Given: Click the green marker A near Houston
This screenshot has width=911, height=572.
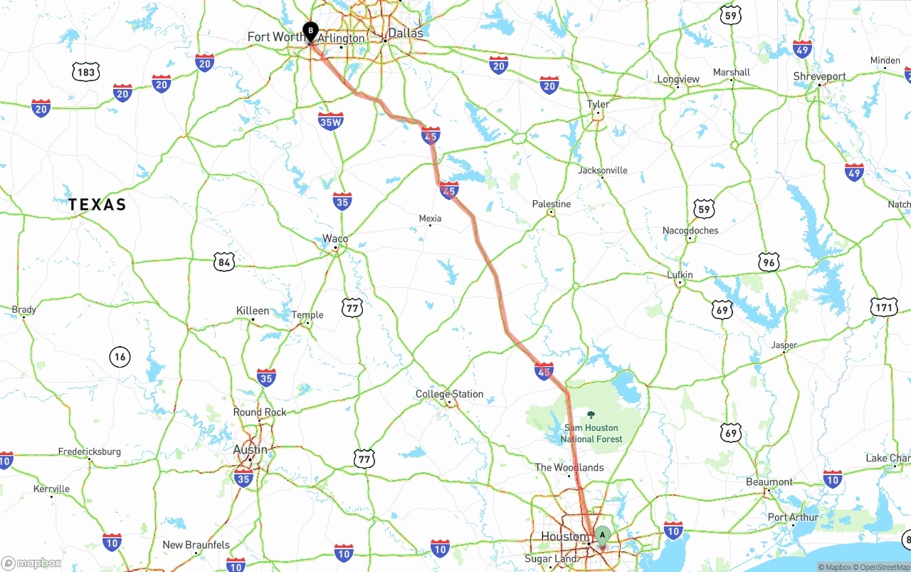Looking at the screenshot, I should pos(602,534).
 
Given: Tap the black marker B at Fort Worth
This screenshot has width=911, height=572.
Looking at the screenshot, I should pos(310,31).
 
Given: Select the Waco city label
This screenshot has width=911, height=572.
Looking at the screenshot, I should pos(335,239).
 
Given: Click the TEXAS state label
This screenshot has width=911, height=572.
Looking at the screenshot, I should pos(98,205).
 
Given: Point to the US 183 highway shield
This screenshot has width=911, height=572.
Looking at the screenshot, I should pos(85,71).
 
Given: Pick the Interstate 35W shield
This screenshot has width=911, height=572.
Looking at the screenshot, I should pos(331,121).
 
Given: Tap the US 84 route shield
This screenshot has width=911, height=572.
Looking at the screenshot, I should pos(224,262).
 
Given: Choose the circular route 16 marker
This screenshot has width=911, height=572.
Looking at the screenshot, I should pos(120,356).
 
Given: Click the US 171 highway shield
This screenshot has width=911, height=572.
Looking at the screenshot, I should pos(883,308).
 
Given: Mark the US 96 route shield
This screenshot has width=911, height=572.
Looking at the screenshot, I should pos(769,261).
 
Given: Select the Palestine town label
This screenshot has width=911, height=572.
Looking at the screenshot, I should pos(552,204).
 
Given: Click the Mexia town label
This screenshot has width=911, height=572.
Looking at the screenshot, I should pos(430,219).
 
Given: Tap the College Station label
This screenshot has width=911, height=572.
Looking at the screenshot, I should pos(449,394).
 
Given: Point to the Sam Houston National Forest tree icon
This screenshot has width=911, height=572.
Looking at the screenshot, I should pos(591,414).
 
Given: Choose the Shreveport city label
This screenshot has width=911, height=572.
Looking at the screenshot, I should pos(821,76).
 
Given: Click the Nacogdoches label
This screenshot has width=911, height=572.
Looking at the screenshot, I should pos(690,231).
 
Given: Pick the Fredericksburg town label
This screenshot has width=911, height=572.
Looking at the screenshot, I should pos(90,452).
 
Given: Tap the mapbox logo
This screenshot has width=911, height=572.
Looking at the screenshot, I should pos(31,563).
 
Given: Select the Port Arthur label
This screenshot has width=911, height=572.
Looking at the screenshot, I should pos(793,517).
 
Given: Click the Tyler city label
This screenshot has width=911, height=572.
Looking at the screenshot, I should pos(598,105).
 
